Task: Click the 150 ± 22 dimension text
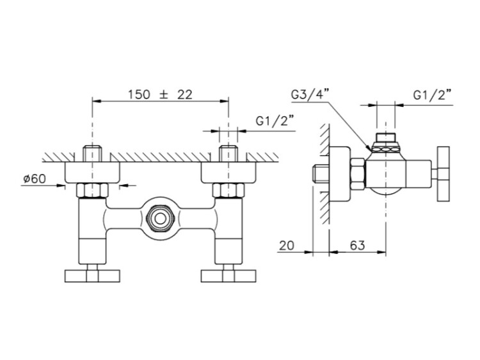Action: (x=160, y=95)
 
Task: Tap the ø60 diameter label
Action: (x=35, y=178)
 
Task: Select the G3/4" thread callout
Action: (x=310, y=95)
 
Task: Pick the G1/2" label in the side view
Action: (x=433, y=95)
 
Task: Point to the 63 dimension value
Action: (x=358, y=245)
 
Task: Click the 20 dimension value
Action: (x=287, y=245)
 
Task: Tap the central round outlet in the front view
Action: (x=159, y=219)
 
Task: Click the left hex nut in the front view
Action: (x=92, y=191)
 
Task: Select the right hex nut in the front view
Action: (x=228, y=191)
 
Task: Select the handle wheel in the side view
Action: (x=444, y=174)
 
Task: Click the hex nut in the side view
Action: (x=358, y=174)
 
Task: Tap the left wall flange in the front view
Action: (x=92, y=173)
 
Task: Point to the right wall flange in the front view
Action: (x=228, y=173)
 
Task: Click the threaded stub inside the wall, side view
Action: (x=321, y=174)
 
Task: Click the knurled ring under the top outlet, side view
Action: (x=386, y=149)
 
